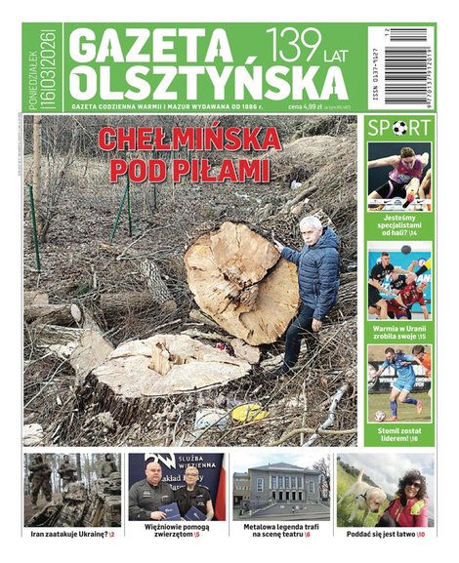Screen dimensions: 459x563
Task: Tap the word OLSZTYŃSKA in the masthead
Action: pyautogui.click(x=195, y=82)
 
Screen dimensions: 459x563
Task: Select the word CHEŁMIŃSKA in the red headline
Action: pyautogui.click(x=188, y=140)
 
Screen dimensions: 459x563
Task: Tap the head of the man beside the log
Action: pyautogui.click(x=312, y=227)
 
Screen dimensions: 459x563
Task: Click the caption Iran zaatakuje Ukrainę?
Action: pyautogui.click(x=71, y=535)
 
